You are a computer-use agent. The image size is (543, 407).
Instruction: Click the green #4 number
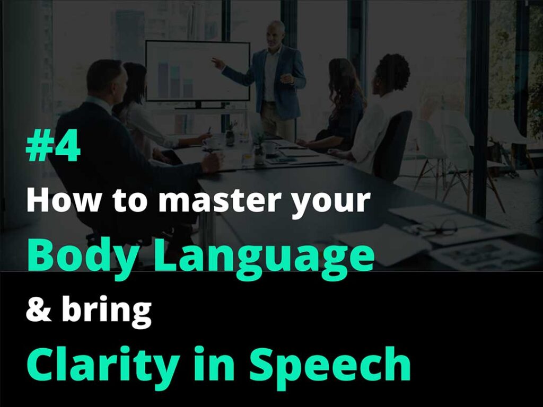tap(53, 148)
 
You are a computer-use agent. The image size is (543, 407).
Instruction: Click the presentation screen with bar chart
tap(198, 71)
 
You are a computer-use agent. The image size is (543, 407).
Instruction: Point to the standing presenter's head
tap(276, 34)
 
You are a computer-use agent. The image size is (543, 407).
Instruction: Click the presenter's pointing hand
tap(217, 63)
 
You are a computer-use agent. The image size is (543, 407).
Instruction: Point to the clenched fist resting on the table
tap(212, 162)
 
